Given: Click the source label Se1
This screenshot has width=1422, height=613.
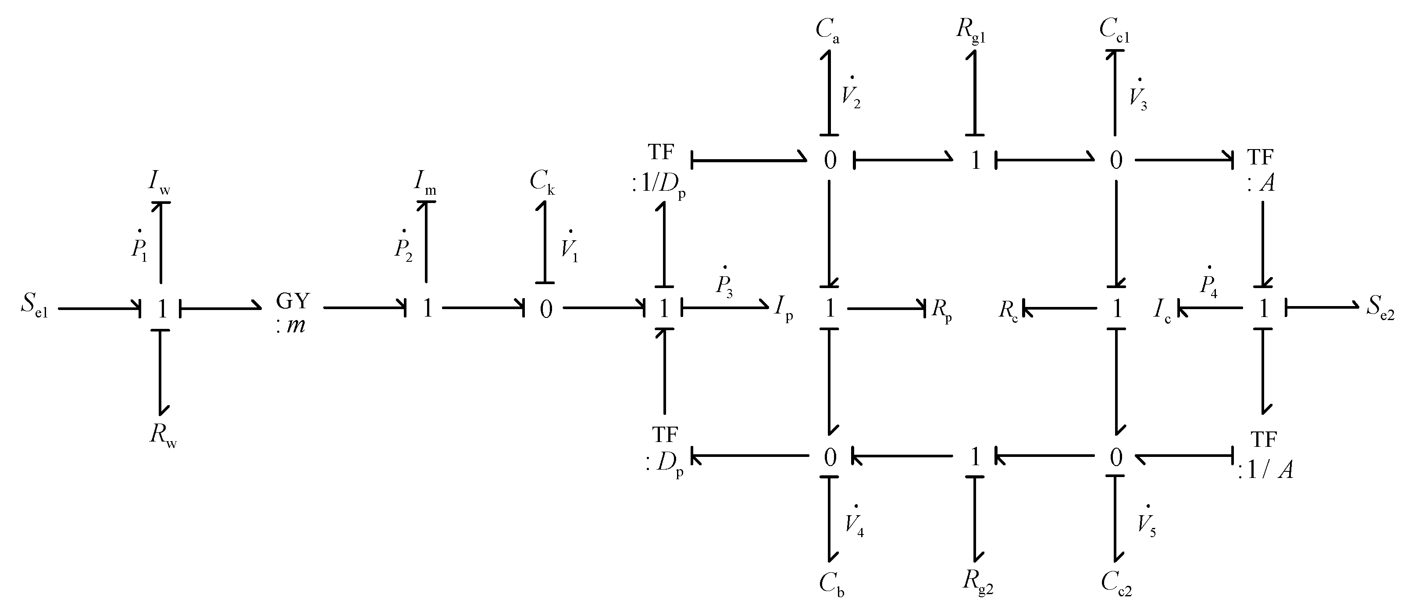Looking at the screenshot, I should pyautogui.click(x=34, y=307).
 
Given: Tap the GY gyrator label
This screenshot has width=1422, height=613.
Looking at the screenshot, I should pyautogui.click(x=292, y=312).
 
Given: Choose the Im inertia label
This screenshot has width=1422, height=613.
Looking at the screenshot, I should pyautogui.click(x=425, y=182).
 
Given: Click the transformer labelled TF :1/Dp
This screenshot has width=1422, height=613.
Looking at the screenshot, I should pyautogui.click(x=660, y=171).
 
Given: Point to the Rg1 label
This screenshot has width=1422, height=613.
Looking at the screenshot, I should pyautogui.click(x=971, y=30).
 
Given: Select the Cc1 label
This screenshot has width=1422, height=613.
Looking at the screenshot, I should pyautogui.click(x=1114, y=30).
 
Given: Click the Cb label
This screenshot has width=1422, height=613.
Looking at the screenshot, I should pyautogui.click(x=831, y=583).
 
